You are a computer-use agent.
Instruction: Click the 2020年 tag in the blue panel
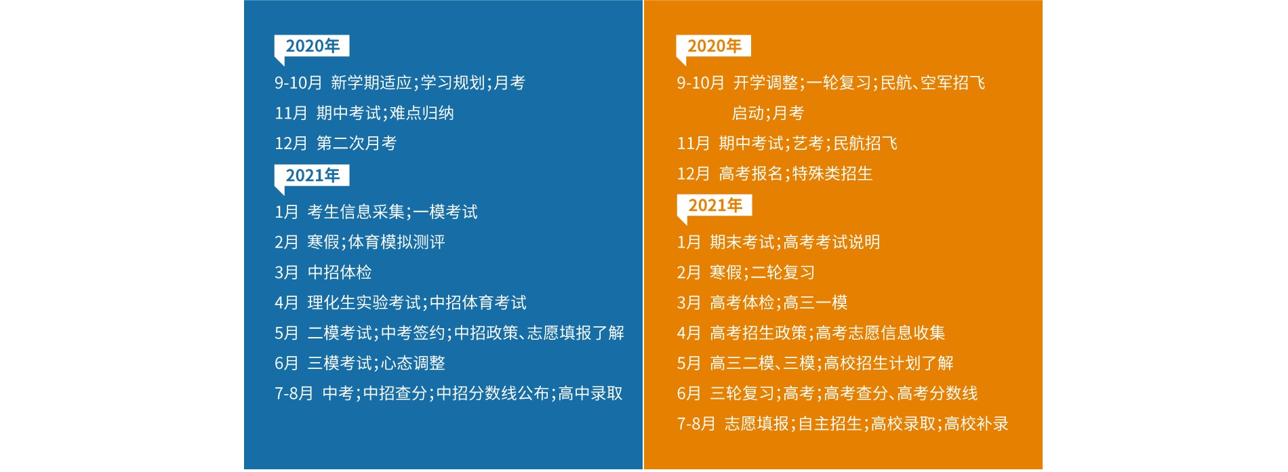click(x=312, y=46)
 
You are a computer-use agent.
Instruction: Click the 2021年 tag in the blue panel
click(x=312, y=176)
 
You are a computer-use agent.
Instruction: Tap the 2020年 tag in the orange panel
click(x=714, y=46)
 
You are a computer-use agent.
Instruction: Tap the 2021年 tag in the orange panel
click(x=715, y=205)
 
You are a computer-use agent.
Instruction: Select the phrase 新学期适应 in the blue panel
click(x=371, y=83)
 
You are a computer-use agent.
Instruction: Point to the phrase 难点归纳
click(x=422, y=113)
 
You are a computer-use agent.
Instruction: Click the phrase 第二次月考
click(x=357, y=143)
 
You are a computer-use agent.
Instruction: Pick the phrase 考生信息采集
click(x=356, y=212)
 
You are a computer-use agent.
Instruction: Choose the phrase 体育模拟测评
click(x=397, y=242)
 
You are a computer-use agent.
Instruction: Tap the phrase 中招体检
click(x=340, y=273)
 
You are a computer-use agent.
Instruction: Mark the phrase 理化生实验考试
click(x=364, y=302)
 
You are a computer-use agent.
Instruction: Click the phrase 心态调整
click(x=413, y=363)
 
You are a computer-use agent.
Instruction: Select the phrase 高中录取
click(x=590, y=393)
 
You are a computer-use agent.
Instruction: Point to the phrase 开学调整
click(x=766, y=83)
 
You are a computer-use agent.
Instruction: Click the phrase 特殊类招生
click(x=832, y=174)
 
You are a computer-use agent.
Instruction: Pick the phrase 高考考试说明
click(x=832, y=242)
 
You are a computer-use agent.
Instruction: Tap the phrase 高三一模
click(x=816, y=302)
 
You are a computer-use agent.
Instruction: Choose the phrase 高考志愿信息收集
click(x=881, y=333)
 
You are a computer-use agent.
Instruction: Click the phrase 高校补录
click(x=976, y=424)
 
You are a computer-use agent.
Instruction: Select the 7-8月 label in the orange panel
click(x=696, y=424)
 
